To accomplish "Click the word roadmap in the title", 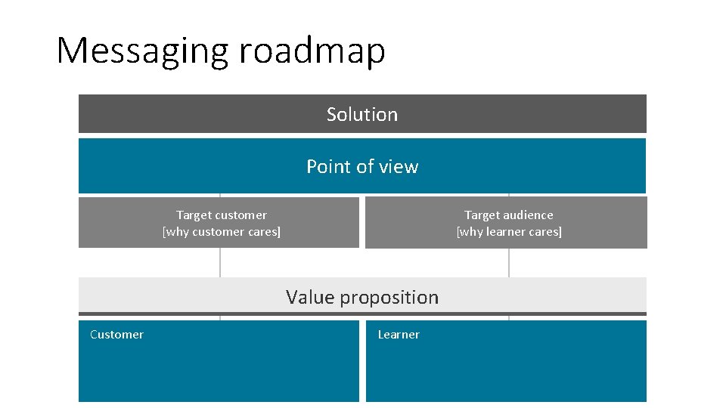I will (x=312, y=51).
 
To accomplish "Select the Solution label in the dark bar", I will (x=362, y=114).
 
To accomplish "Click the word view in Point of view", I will (x=399, y=166).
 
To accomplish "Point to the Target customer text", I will (x=222, y=215).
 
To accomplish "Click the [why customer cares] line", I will (x=222, y=232).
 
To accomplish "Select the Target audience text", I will (x=509, y=215).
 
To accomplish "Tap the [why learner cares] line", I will (x=509, y=232).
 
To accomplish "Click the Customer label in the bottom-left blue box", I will (x=116, y=335).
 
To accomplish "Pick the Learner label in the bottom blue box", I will (x=399, y=335).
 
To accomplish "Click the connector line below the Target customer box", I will (x=220, y=262).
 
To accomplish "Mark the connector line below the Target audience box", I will (x=509, y=262).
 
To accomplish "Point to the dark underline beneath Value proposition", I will (x=362, y=314).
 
